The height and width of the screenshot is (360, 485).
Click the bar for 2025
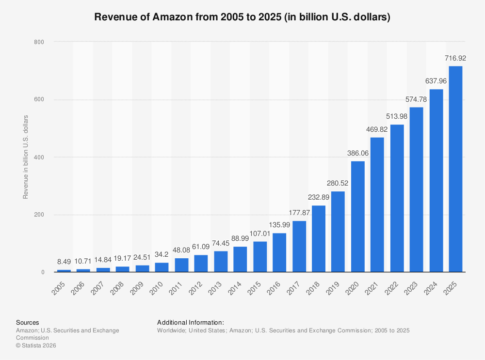[455, 169]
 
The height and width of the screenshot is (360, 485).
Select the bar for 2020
[357, 217]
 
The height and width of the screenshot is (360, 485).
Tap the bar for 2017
[299, 247]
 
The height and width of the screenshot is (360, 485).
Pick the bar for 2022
[397, 198]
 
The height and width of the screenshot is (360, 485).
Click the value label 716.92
[455, 59]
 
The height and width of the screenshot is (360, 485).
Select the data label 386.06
[357, 153]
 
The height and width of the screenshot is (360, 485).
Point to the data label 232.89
[319, 198]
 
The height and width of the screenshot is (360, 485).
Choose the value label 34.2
[162, 255]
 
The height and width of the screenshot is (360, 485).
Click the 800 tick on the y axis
[39, 42]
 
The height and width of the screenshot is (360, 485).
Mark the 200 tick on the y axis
[39, 215]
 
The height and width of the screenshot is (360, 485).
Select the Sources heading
[28, 322]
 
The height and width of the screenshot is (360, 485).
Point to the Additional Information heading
[190, 322]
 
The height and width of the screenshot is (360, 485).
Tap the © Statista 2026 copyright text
[36, 345]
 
